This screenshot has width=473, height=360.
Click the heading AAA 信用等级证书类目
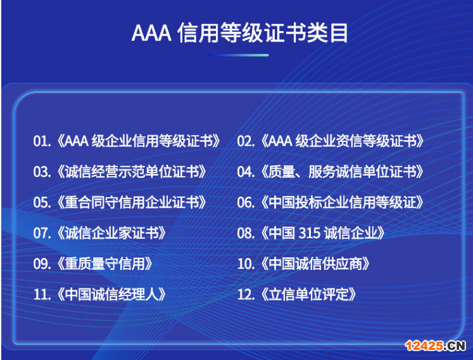240,32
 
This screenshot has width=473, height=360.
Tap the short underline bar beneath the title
239,55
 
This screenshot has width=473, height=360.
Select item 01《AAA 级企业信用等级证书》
127,141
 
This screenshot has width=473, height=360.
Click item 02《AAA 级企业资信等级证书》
331,141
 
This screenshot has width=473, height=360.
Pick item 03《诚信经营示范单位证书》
120,171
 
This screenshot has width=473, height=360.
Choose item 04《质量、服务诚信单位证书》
331,171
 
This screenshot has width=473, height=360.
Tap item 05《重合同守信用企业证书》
120,202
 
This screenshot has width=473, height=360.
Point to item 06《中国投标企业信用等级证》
331,202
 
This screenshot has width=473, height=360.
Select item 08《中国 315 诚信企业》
312,233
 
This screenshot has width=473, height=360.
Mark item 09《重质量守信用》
93,263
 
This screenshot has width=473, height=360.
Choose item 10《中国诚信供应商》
304,263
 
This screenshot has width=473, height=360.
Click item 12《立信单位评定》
297,294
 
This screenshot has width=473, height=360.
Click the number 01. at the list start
42,141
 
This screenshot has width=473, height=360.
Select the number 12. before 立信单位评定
246,294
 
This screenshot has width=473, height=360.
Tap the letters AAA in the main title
151,33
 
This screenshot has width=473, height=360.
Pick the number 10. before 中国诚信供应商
246,263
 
